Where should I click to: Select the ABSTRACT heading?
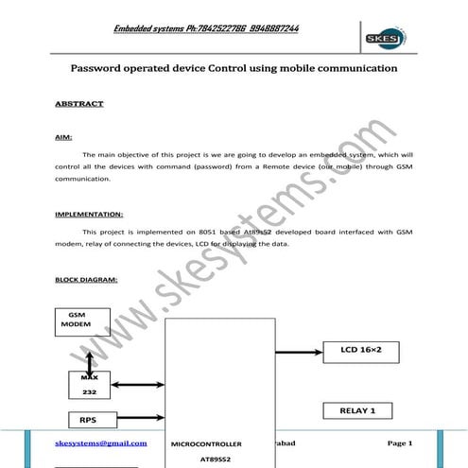(80, 104)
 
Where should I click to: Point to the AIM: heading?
(64, 138)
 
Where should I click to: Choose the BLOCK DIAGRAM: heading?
(87, 280)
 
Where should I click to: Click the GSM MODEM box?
(82, 320)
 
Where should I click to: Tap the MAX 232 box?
(89, 384)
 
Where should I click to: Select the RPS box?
(87, 420)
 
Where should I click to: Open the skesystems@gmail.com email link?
(101, 442)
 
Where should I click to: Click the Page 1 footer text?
(400, 442)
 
